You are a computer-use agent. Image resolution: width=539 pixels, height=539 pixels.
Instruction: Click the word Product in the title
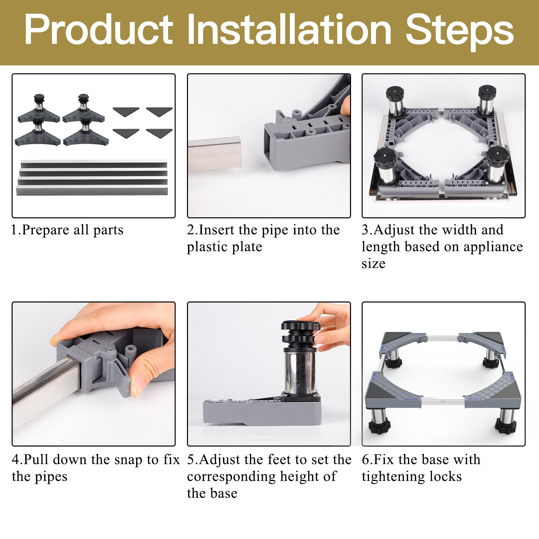[x=99, y=30]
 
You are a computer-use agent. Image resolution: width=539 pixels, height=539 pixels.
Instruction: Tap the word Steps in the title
[x=460, y=30]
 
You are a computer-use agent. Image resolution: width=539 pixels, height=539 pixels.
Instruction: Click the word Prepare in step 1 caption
[x=46, y=230]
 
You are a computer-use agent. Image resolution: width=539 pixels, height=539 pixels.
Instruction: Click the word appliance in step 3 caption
[x=493, y=247]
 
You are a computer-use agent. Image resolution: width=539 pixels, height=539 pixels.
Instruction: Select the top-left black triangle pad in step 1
[x=126, y=112]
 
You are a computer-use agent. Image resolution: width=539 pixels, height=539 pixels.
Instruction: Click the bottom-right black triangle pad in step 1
[x=159, y=133]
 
